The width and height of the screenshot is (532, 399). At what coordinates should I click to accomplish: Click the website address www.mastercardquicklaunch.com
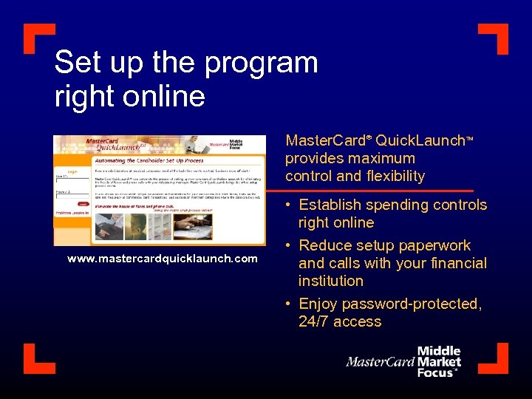pos(163,259)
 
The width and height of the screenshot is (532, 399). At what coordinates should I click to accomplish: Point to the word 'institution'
pos(331,281)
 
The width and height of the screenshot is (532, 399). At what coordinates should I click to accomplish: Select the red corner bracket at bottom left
pos(37,358)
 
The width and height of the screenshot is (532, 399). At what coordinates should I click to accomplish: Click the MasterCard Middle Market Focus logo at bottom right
pos(405,361)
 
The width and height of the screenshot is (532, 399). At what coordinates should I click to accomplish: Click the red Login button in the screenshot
pos(83,204)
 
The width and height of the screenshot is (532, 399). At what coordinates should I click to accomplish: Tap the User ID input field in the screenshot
pos(72,180)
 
